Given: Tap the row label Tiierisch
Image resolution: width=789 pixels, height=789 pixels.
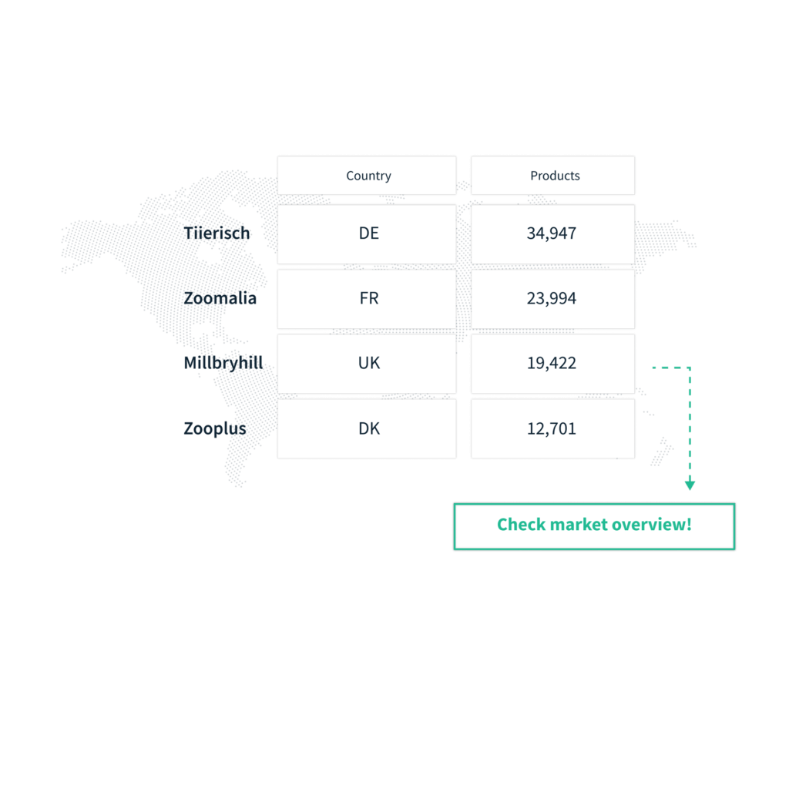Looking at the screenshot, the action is pyautogui.click(x=217, y=233).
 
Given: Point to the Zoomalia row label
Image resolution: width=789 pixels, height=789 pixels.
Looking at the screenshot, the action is pyautogui.click(x=220, y=298).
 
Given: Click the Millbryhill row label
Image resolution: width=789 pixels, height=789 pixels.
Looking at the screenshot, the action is pyautogui.click(x=223, y=363).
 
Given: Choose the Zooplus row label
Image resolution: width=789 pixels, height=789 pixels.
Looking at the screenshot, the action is pyautogui.click(x=215, y=428).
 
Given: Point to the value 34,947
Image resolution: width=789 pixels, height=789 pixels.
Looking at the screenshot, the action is pyautogui.click(x=552, y=233).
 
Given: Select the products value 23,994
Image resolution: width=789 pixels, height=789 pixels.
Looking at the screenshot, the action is pyautogui.click(x=552, y=298).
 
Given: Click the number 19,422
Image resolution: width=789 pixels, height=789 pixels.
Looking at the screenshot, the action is pyautogui.click(x=552, y=364).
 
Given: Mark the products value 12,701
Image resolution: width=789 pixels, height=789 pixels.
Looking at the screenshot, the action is pyautogui.click(x=552, y=428).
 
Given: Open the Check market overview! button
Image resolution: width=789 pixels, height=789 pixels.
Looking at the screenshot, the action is pyautogui.click(x=594, y=526).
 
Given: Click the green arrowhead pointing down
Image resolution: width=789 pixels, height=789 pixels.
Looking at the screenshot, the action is pyautogui.click(x=690, y=485).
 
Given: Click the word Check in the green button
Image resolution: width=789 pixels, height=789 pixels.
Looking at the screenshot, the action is pyautogui.click(x=521, y=524).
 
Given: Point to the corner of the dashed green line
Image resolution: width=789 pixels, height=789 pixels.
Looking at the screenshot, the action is pyautogui.click(x=690, y=368).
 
